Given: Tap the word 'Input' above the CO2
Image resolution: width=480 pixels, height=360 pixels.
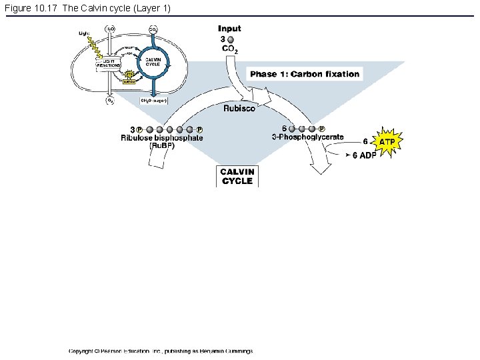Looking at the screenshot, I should (229, 29).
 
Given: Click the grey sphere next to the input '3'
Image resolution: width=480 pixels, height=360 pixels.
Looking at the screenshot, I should (231, 40).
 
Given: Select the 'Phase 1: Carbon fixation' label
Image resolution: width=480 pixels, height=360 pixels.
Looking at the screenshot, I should (305, 74).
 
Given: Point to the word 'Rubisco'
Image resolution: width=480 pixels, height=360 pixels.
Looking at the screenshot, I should (239, 108).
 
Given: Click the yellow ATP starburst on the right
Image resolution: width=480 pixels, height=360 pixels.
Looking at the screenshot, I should (387, 142).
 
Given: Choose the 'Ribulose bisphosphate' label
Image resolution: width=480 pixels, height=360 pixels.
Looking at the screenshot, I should (162, 138).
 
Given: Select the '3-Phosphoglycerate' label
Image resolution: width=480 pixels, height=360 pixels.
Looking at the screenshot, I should (308, 137).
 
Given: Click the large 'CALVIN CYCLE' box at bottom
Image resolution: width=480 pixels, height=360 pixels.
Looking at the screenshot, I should (237, 176).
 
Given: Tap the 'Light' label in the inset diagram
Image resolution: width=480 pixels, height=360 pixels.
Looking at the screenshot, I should (84, 32).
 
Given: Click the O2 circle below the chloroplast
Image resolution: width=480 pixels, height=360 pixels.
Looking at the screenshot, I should (109, 101).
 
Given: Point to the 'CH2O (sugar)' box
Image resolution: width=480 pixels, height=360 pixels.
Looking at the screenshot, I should (153, 100).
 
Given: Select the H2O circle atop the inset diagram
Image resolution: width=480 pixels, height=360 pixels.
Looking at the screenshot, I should (110, 29).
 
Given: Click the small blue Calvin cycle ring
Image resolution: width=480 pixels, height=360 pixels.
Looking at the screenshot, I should (153, 63).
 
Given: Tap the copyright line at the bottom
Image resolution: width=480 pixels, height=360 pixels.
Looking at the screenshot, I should (160, 351).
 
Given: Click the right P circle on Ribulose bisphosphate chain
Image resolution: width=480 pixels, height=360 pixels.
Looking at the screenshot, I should (200, 129).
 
